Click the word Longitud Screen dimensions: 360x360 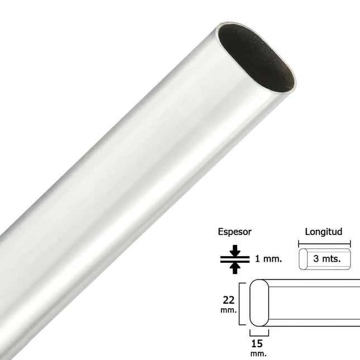(x=324, y=232)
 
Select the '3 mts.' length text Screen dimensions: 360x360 (x=328, y=259)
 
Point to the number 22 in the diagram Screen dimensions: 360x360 (x=228, y=300)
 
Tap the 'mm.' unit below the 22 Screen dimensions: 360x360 (x=228, y=309)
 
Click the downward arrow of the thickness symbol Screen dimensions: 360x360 (x=236, y=249)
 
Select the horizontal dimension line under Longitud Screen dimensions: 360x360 (x=324, y=243)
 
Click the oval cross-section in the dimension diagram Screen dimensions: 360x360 (x=259, y=304)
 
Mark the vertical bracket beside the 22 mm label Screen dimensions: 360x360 (x=241, y=304)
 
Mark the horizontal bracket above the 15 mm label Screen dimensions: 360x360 (x=259, y=334)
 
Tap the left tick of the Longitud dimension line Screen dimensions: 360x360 (x=299, y=243)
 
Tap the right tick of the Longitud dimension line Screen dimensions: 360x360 (x=350, y=243)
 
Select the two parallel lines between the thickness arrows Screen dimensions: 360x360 (x=236, y=258)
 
